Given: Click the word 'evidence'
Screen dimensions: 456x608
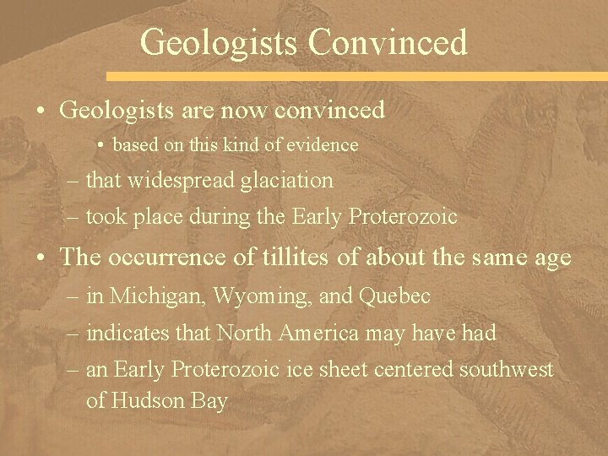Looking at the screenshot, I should click(x=324, y=145).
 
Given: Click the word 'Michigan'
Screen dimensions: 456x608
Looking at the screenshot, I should click(x=159, y=296).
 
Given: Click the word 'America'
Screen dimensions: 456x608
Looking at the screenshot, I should click(x=309, y=333).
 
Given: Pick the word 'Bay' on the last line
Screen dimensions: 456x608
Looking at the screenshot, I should click(x=211, y=401).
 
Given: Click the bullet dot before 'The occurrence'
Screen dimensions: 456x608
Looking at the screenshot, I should click(x=45, y=258).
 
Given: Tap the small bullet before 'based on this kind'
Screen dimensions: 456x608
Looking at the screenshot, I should click(x=100, y=145).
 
